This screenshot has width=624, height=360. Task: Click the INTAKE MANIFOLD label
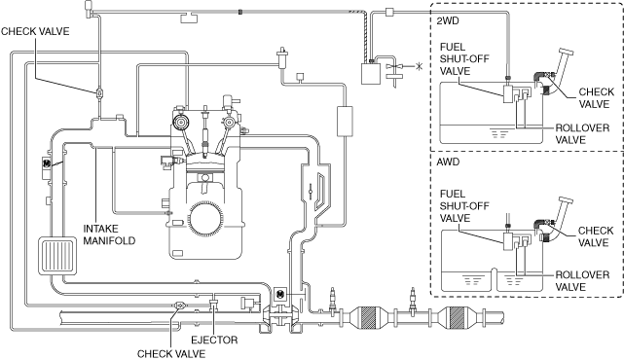point(109,234)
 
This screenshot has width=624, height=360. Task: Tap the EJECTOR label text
point(214,341)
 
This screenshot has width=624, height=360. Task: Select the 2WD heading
point(448,20)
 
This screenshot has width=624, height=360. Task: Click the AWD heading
point(448,162)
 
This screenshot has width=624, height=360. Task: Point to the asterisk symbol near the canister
point(419,66)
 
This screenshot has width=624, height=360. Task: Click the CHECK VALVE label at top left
point(35,31)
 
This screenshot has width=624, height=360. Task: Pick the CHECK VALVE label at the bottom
point(171,353)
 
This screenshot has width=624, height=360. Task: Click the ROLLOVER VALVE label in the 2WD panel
point(582,134)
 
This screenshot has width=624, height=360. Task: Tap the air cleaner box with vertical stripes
point(57,256)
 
